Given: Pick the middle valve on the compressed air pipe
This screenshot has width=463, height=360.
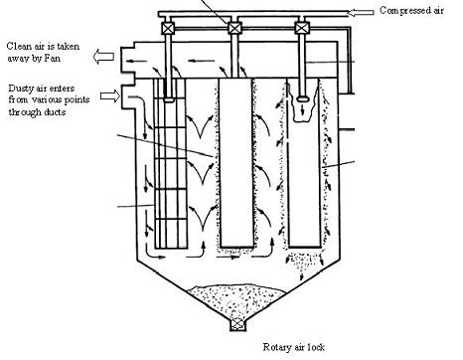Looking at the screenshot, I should [234, 28].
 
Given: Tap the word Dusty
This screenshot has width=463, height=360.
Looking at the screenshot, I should [23, 87].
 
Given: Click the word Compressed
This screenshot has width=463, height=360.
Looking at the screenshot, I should [399, 10].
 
